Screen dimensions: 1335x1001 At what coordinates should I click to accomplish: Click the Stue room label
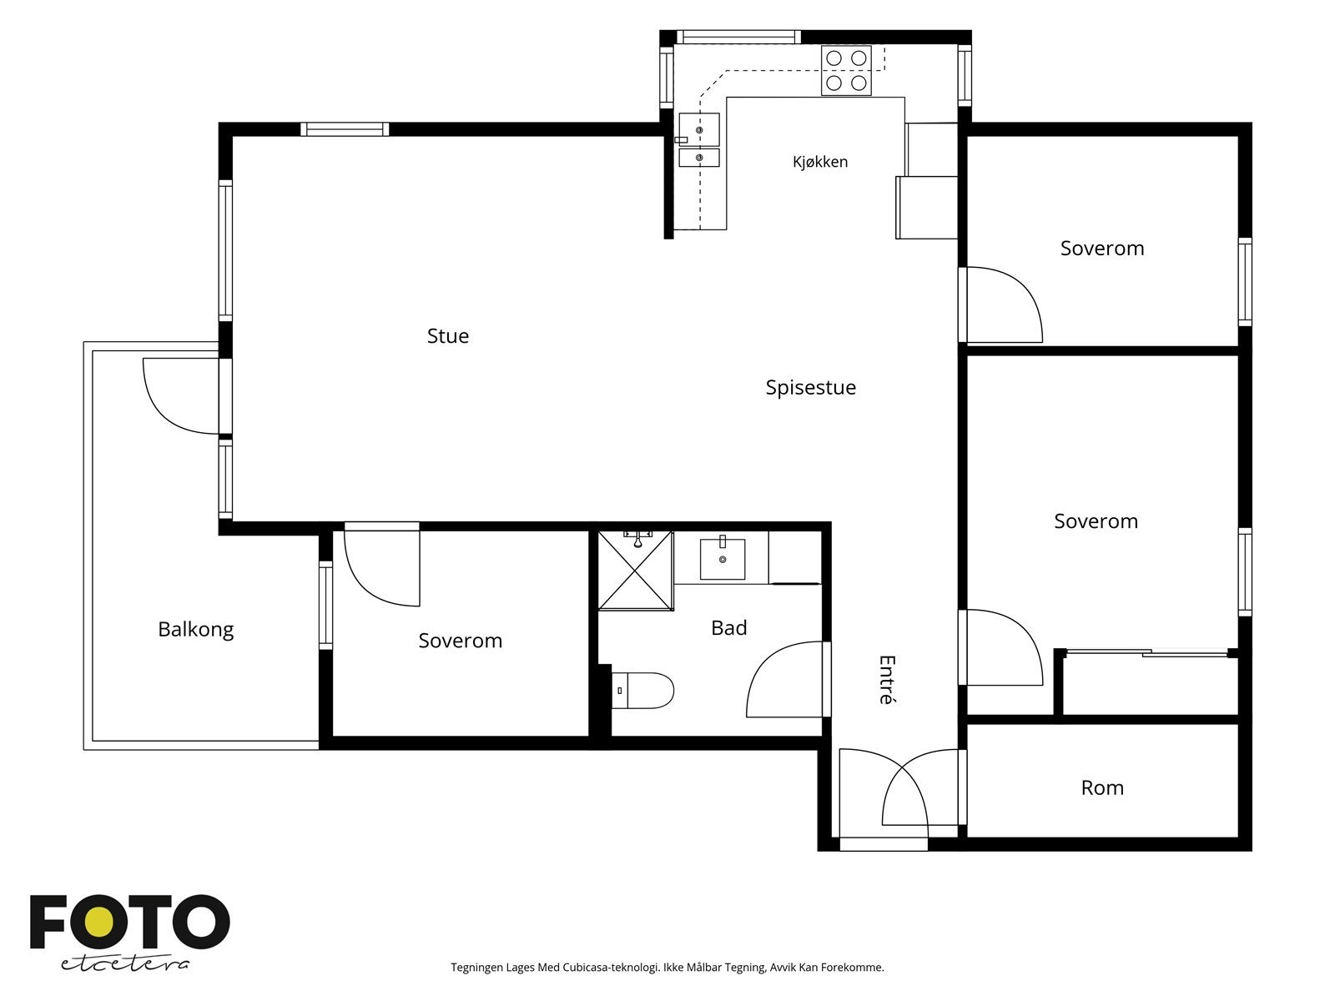coord(447,336)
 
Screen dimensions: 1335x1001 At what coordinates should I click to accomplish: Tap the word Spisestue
coord(811,388)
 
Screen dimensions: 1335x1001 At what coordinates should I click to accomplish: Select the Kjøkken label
coord(820,162)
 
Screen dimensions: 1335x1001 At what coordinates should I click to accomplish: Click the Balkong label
coord(196,630)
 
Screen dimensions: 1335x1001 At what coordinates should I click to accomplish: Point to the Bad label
coord(728,628)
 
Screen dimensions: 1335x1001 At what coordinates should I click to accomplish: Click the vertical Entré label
coord(888,680)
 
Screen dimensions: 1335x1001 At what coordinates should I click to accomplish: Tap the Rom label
coord(1102,787)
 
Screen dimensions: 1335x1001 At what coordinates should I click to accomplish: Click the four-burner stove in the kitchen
coord(846,71)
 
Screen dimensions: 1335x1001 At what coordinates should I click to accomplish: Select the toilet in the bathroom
coord(642,691)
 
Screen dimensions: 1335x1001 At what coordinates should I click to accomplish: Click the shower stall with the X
coord(636,570)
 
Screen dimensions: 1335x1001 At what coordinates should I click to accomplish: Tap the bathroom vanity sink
coord(723,558)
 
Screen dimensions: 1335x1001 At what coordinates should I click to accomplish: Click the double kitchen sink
coord(699,140)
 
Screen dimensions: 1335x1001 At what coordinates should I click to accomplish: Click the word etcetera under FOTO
coord(124,964)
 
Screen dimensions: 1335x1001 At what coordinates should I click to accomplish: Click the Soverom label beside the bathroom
coord(461,641)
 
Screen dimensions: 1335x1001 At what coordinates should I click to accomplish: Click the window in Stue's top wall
coord(345,128)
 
